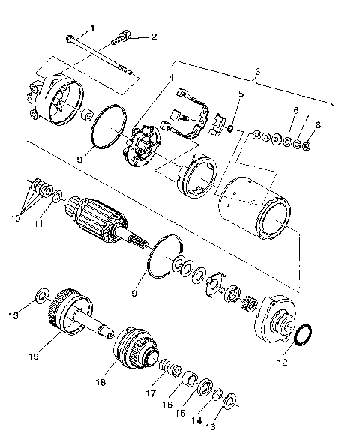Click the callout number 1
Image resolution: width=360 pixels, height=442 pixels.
93,28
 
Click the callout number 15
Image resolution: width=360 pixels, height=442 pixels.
178,413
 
